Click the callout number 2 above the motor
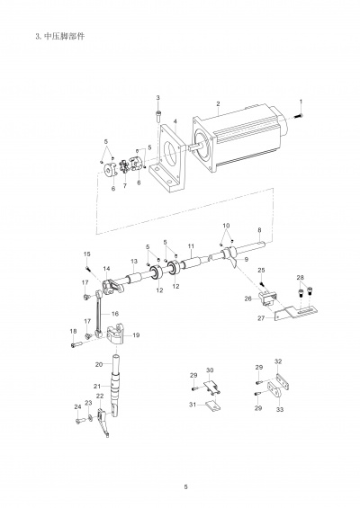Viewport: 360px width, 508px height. (218, 103)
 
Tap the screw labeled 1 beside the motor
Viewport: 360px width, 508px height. (299, 115)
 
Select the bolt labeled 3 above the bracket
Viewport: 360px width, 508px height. (158, 116)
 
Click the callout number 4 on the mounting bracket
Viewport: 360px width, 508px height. (175, 121)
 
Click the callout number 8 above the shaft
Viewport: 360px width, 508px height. (259, 230)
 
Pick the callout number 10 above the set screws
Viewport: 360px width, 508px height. (227, 225)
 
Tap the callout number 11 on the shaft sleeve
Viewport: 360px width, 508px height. (191, 246)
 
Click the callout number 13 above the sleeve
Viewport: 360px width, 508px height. (134, 261)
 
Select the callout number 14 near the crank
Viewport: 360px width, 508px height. (106, 269)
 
